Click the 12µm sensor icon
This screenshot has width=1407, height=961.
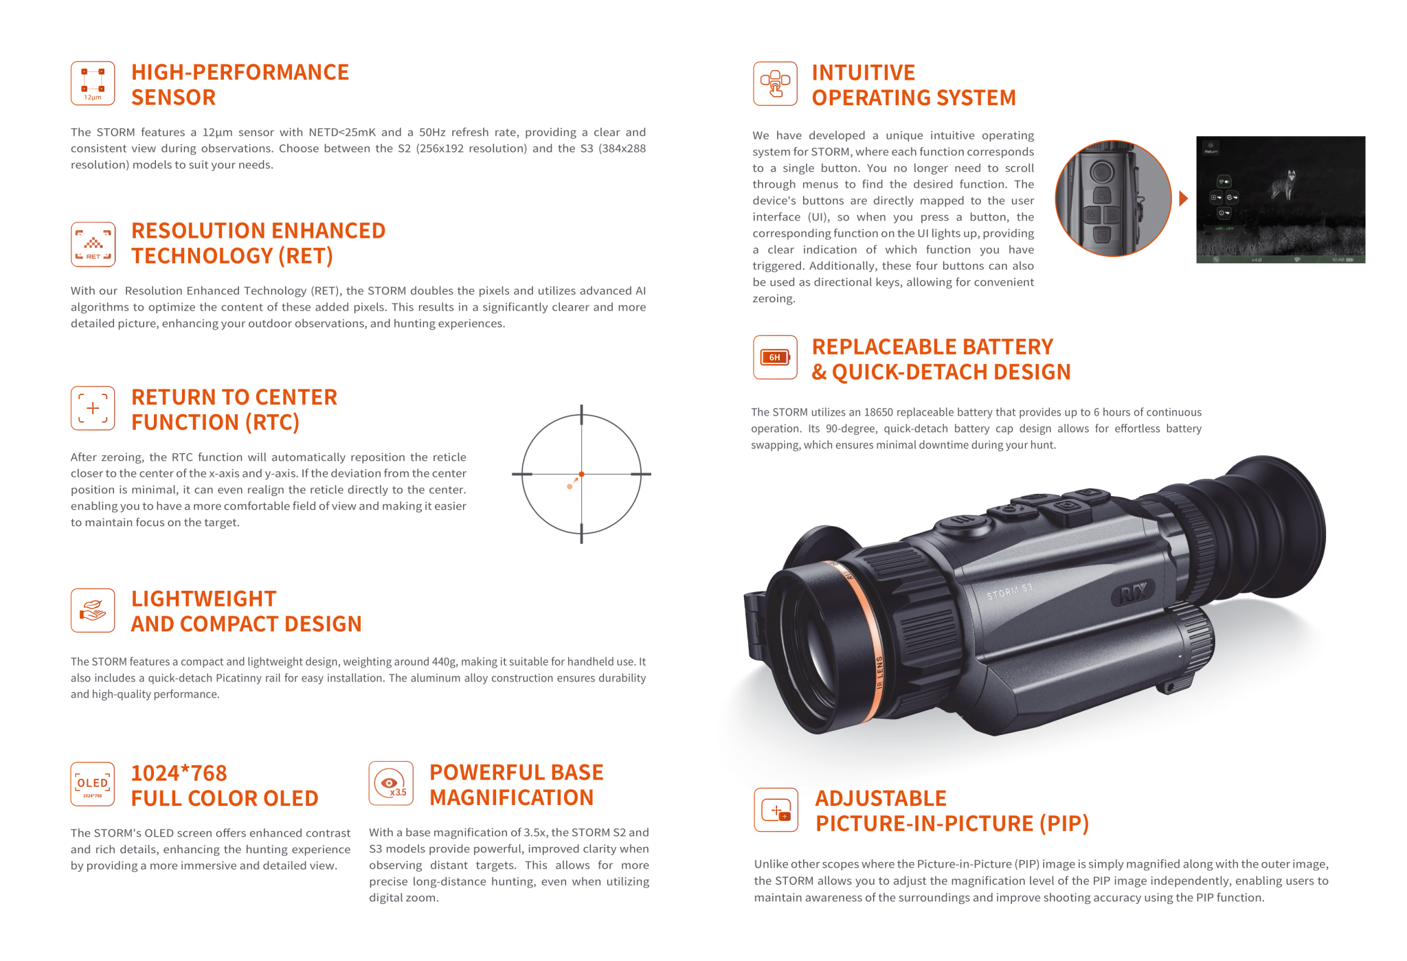[93, 83]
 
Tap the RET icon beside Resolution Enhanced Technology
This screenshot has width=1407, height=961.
[93, 244]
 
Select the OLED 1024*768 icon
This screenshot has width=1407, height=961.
[93, 784]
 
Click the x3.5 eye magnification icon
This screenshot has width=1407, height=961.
[391, 783]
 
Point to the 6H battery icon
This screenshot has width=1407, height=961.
[775, 357]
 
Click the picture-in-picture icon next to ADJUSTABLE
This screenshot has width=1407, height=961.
[776, 810]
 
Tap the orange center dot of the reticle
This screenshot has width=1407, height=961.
[582, 474]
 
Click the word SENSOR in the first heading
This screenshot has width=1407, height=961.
[173, 98]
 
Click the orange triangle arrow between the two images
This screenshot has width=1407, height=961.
[1183, 199]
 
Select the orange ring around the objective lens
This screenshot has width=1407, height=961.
[866, 639]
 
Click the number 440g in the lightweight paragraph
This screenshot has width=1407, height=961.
[444, 662]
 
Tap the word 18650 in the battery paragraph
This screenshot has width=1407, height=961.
[878, 412]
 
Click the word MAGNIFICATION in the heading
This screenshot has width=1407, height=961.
[511, 798]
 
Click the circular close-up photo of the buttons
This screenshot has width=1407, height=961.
[1112, 199]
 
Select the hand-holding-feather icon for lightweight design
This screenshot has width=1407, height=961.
[93, 610]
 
